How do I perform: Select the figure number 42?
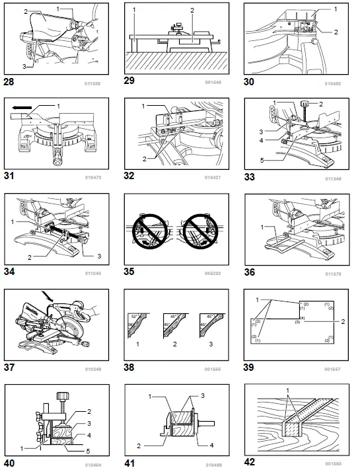point(251,462)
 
